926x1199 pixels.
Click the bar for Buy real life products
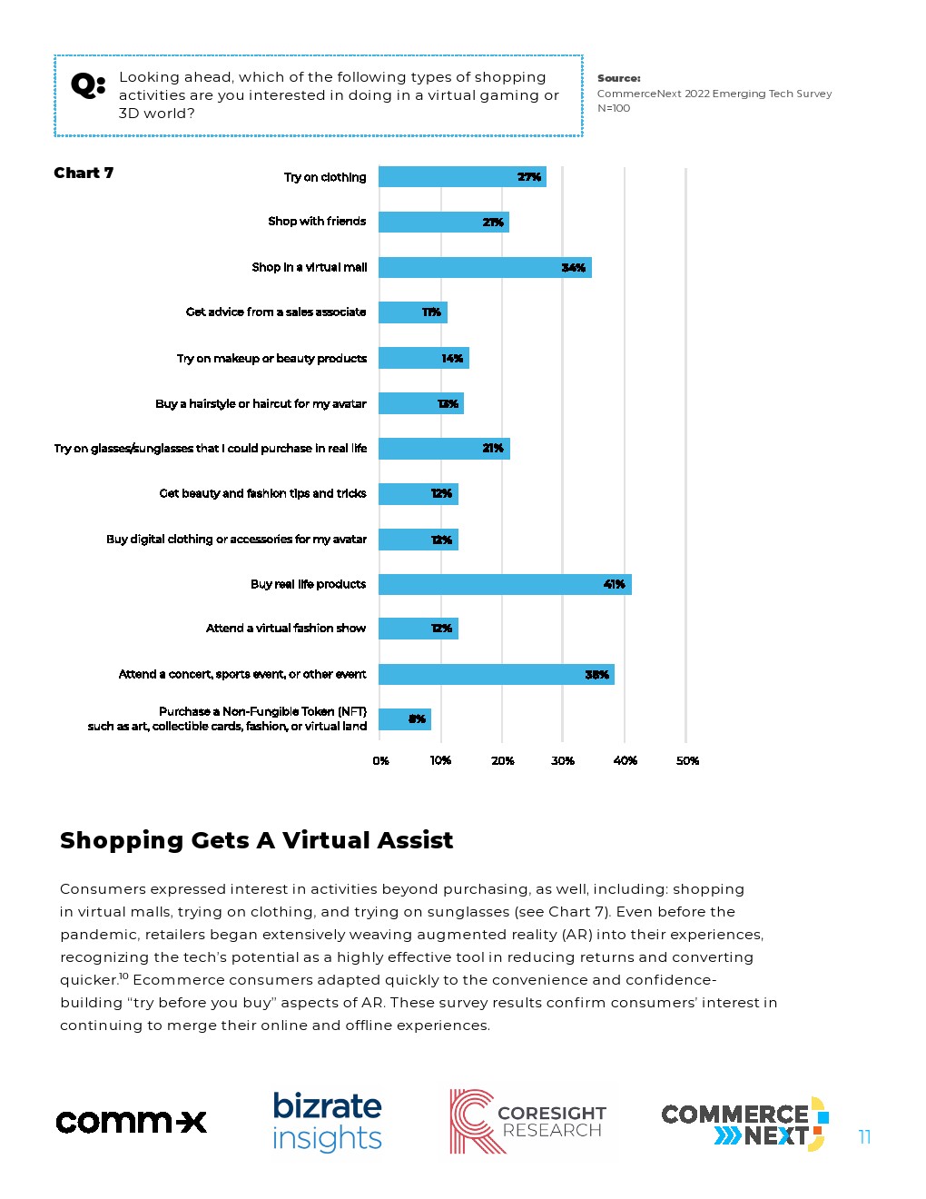[x=504, y=584]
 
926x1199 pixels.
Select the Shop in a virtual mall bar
[x=485, y=267]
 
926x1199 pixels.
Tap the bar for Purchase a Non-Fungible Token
[x=404, y=719]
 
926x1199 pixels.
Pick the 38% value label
[x=596, y=675]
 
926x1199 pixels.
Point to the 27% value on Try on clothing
[x=529, y=177]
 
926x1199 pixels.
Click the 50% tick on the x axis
[x=687, y=761]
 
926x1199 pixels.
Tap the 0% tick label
[x=380, y=761]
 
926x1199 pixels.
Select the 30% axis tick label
[x=563, y=761]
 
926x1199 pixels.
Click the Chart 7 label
[x=84, y=173]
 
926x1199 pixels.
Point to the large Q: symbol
[x=88, y=86]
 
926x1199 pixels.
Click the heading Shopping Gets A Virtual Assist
[x=256, y=840]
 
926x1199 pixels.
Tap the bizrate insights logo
[x=327, y=1122]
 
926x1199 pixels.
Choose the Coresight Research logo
[x=527, y=1122]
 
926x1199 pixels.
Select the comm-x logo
[x=132, y=1122]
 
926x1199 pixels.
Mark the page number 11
[x=864, y=1136]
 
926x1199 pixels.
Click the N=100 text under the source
[x=614, y=108]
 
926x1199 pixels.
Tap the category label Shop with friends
[x=317, y=222]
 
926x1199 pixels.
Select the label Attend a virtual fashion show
[x=286, y=629]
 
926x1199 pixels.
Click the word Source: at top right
[x=618, y=78]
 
